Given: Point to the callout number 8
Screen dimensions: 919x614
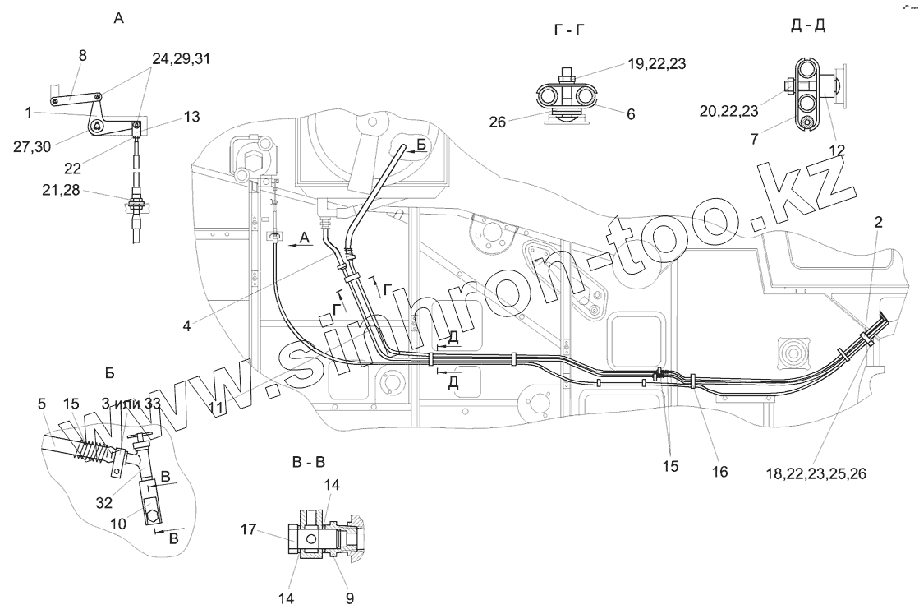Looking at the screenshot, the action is point(82,55).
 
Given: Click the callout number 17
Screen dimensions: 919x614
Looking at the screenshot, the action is point(247,532).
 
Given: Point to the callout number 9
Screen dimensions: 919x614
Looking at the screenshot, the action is point(349,598).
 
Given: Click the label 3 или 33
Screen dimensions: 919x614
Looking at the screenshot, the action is point(130,404).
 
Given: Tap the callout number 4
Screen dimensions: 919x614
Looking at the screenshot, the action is point(187,326).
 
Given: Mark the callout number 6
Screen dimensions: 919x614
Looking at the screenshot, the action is point(630,115).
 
